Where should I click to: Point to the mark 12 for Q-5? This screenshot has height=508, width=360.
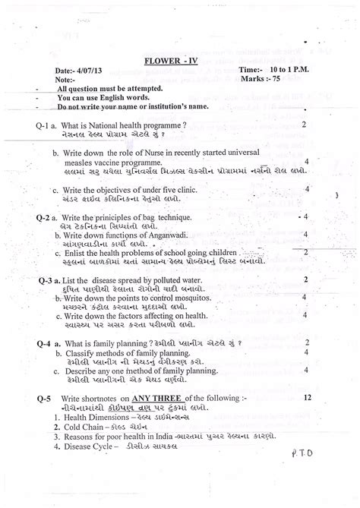(306, 396)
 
